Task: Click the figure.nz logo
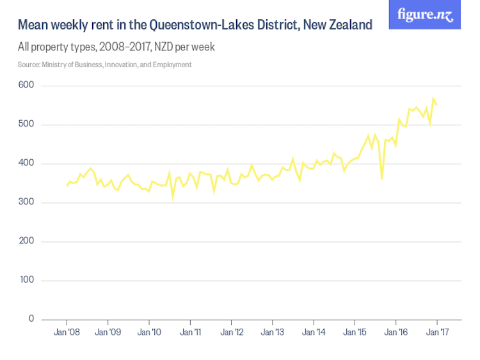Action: click(x=424, y=15)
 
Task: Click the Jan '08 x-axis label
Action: click(x=67, y=333)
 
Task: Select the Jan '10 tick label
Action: click(x=149, y=333)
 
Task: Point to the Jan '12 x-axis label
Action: click(x=231, y=333)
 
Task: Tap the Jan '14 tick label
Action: click(x=314, y=333)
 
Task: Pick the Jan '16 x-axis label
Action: click(x=396, y=333)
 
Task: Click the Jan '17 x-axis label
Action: click(x=436, y=333)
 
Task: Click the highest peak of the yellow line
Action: click(x=433, y=98)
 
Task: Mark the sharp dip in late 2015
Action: click(x=382, y=179)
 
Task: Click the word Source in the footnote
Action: click(x=29, y=65)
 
